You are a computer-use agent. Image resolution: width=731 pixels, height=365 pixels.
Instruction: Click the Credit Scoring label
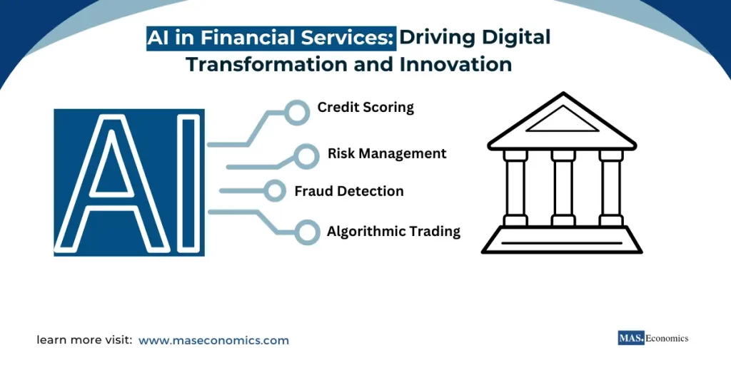(x=365, y=108)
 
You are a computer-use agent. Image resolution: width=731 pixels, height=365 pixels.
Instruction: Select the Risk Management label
(x=387, y=153)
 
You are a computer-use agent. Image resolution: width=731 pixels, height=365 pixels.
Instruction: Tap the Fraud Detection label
(x=349, y=191)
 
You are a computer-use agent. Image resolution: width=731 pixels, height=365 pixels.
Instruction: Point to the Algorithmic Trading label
(x=393, y=232)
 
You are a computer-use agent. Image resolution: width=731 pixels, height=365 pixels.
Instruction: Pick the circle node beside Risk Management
(x=306, y=156)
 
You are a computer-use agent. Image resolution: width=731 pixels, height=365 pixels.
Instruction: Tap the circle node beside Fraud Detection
(x=275, y=190)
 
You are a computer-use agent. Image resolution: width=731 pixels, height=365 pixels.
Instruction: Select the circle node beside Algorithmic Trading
(x=308, y=232)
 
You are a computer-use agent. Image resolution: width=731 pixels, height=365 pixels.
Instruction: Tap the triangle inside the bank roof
(x=563, y=120)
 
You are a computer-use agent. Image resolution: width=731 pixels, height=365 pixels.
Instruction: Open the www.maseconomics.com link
(x=213, y=341)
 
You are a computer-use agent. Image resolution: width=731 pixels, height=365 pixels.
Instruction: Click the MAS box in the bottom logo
(x=631, y=339)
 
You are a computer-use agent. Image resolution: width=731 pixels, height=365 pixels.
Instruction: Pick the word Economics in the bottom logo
(x=667, y=339)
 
